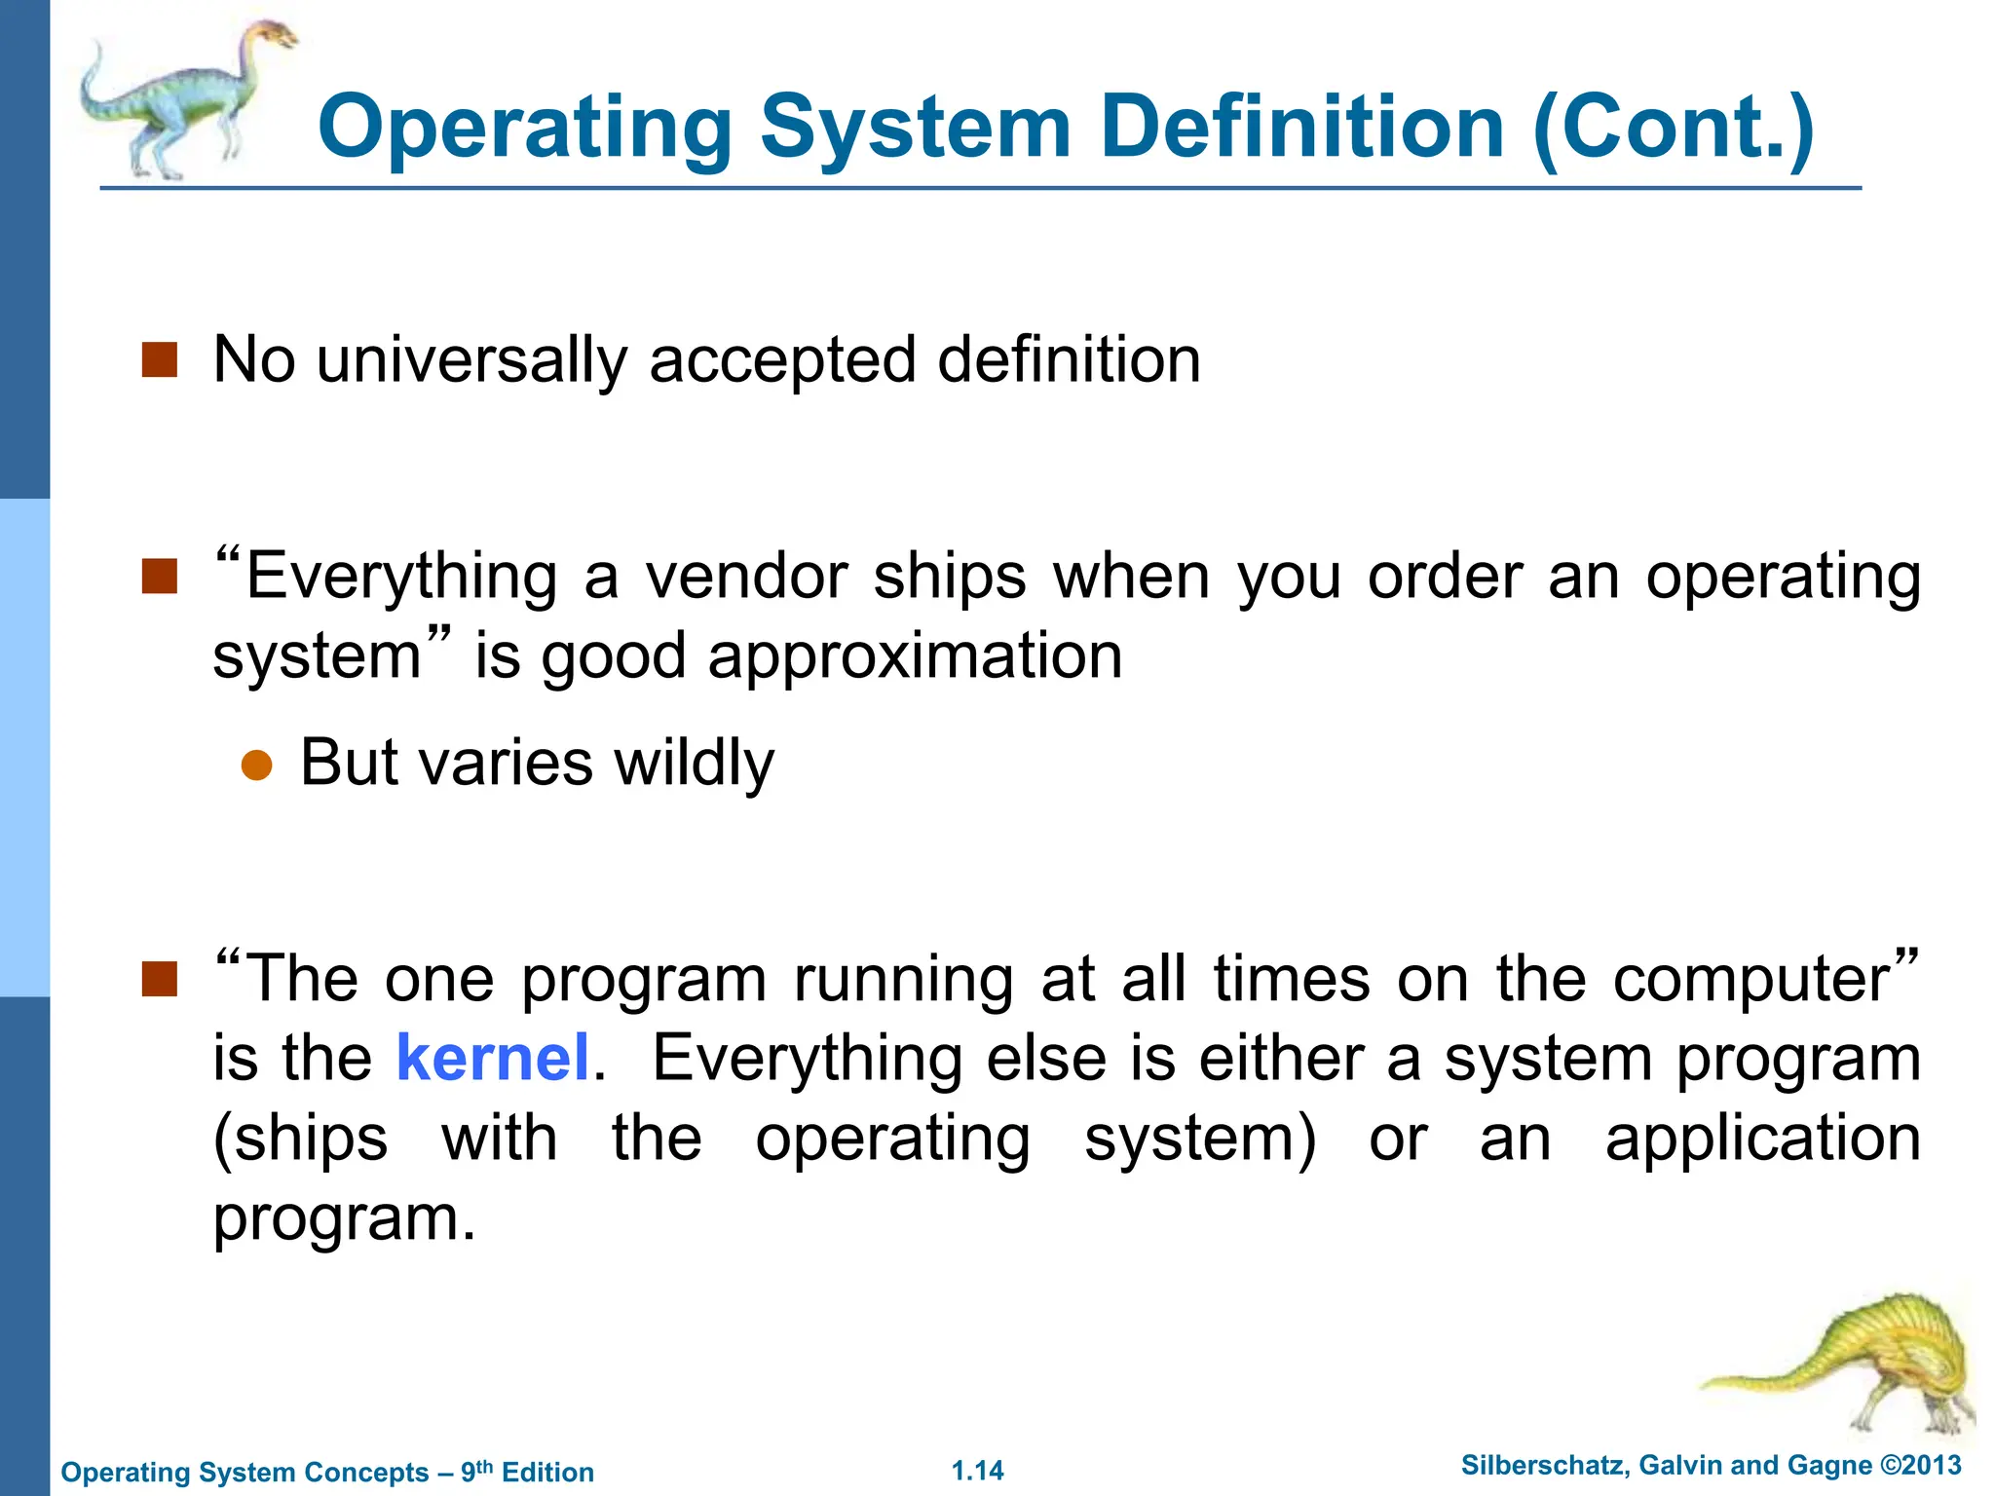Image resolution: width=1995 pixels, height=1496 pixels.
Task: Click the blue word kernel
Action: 493,1059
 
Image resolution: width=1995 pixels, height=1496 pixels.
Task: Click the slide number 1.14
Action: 977,1471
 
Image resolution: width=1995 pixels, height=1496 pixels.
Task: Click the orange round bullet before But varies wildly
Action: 256,766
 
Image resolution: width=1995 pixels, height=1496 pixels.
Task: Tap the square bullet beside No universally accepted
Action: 160,359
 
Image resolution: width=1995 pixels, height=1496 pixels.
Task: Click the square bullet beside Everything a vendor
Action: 160,576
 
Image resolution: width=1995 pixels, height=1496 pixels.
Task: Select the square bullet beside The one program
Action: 160,979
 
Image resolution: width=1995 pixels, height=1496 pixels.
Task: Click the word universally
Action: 471,360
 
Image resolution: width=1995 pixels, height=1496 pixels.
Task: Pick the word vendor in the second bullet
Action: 747,577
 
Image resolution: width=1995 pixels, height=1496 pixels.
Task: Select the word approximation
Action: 915,656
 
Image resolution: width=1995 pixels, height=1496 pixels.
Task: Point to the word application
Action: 1763,1140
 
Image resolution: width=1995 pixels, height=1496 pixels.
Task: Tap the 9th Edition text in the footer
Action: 527,1472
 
